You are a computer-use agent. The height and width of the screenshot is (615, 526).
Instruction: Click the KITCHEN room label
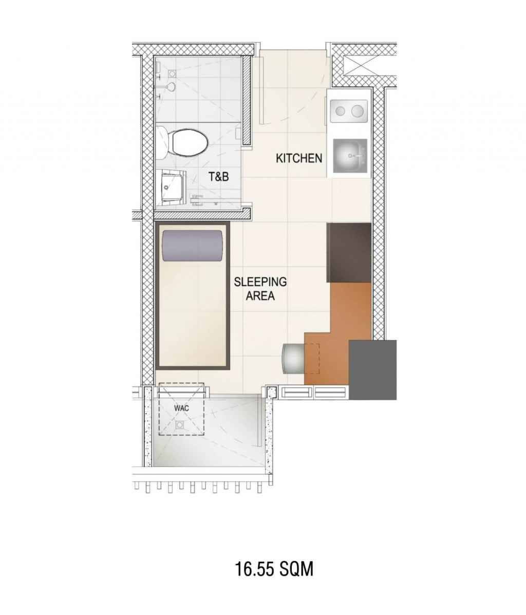(x=299, y=158)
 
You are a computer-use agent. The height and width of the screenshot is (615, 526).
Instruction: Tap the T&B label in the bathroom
(x=218, y=177)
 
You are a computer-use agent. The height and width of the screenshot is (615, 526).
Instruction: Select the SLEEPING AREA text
(x=260, y=288)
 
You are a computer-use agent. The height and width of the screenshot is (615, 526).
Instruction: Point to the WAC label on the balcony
(x=181, y=408)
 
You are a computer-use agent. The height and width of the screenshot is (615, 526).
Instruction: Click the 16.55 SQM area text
(x=274, y=569)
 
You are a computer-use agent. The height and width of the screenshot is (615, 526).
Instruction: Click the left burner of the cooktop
(x=341, y=111)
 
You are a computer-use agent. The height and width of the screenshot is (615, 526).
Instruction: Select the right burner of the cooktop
(x=356, y=111)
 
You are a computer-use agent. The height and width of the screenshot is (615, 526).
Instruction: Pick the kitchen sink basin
(x=350, y=156)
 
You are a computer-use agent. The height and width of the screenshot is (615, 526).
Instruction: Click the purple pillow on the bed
(x=192, y=246)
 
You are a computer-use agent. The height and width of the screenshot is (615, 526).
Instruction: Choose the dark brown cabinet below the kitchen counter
(x=349, y=253)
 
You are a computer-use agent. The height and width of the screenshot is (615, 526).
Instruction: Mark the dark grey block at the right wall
(x=372, y=370)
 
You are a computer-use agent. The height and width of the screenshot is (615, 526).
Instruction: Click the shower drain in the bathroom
(x=172, y=74)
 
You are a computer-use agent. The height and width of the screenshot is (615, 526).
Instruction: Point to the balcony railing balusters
(x=198, y=487)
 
